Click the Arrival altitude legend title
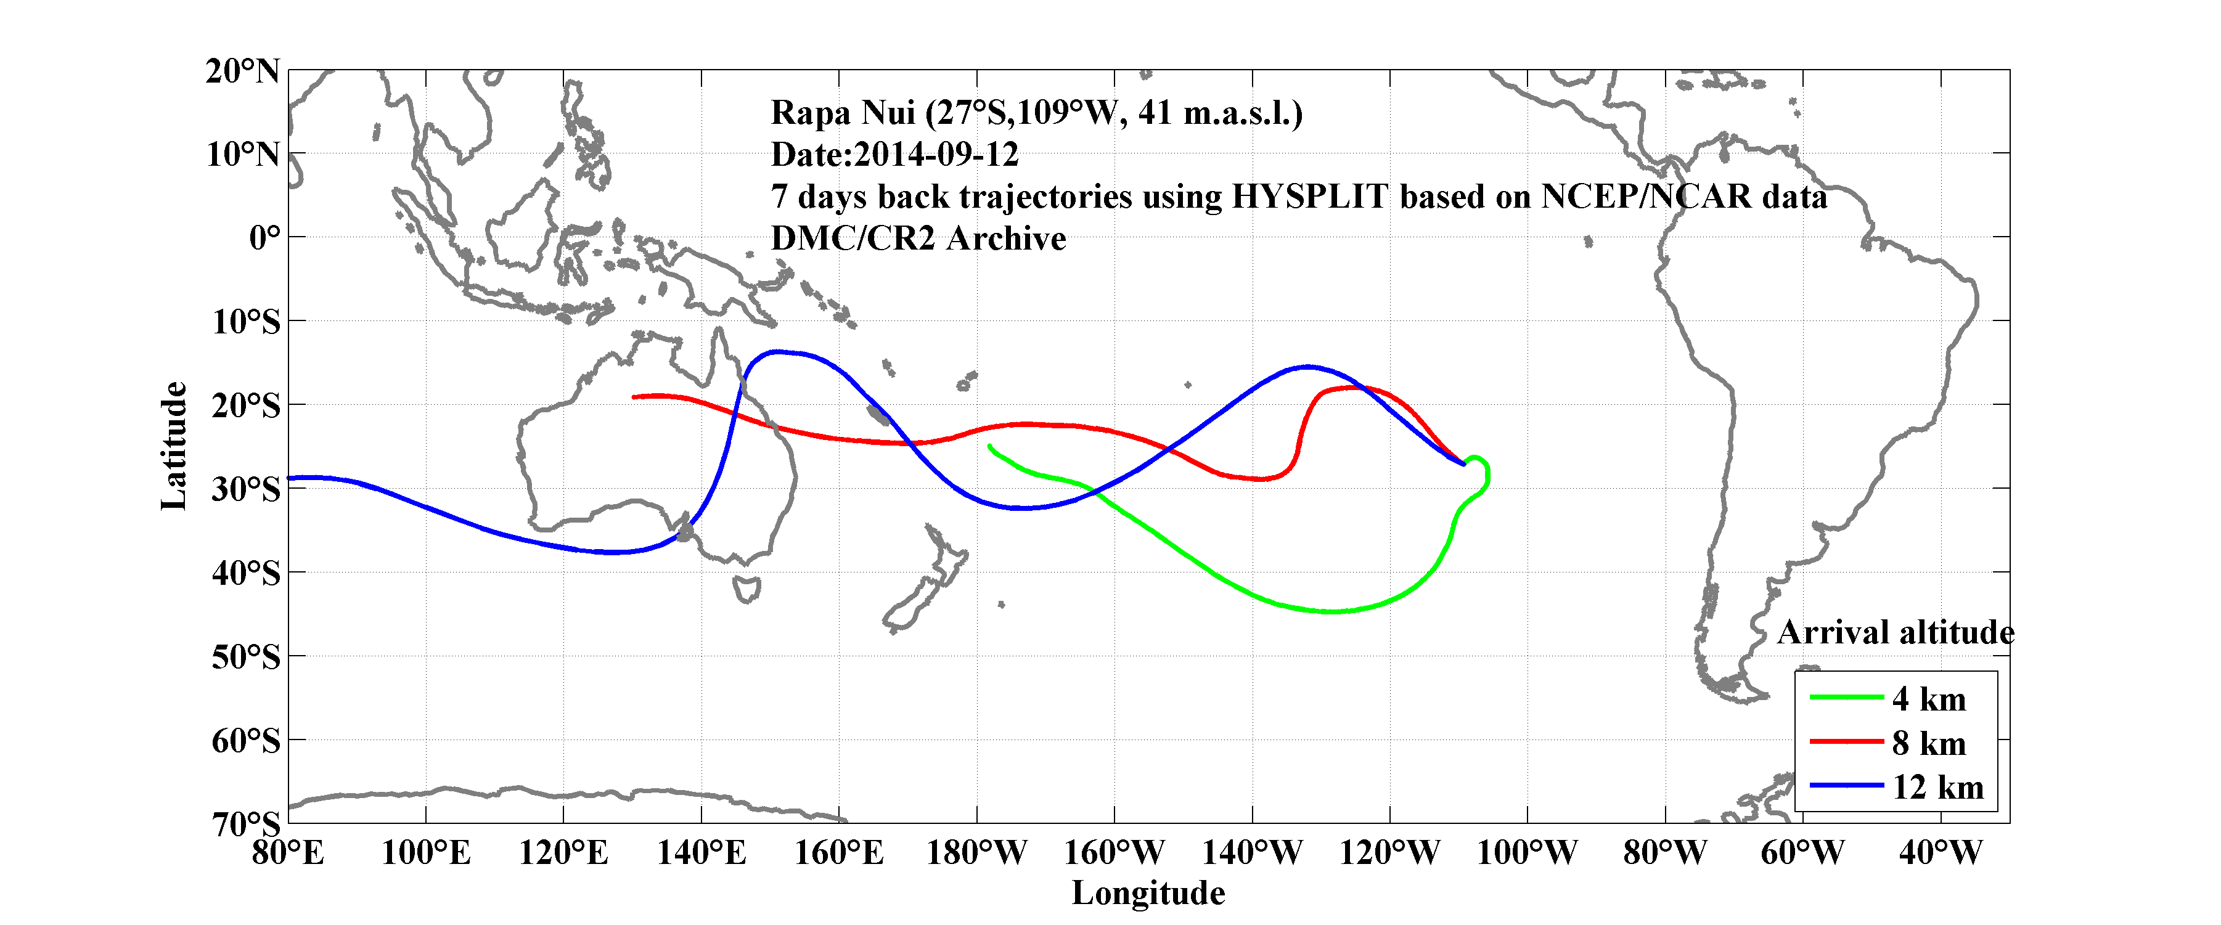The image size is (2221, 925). click(x=1895, y=633)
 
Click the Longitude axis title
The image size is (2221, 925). click(x=1148, y=893)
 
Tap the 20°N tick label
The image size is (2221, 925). click(x=242, y=71)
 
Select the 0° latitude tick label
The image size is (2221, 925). click(x=264, y=237)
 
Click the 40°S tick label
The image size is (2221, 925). click(x=246, y=573)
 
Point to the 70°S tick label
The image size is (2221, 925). click(x=246, y=824)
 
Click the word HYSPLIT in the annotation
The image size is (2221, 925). click(x=1309, y=197)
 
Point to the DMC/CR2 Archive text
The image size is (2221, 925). click(x=918, y=238)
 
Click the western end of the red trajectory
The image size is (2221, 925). click(x=634, y=397)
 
